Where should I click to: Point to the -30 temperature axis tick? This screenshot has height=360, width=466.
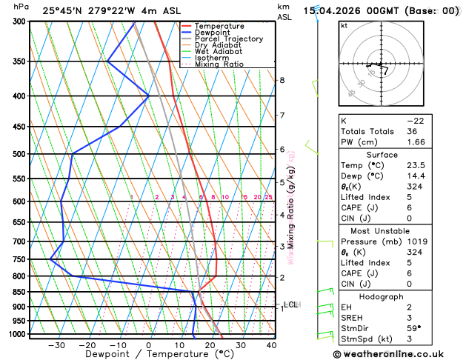coord(56,344)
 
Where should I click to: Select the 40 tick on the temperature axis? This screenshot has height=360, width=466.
coord(271,344)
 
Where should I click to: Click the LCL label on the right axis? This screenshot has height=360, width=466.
coord(290,304)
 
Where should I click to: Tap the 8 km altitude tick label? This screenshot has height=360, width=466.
coord(282,80)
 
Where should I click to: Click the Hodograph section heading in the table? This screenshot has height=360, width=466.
coord(397,296)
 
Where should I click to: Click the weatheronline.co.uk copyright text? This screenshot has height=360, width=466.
coord(399,354)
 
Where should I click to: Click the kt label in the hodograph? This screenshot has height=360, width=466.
coord(344,25)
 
